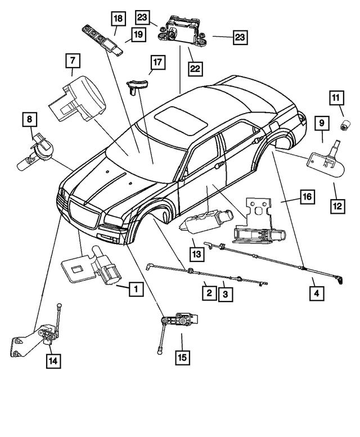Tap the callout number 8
[x=29, y=119]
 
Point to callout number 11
[x=336, y=99]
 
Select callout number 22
[x=195, y=69]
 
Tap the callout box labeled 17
[x=157, y=62]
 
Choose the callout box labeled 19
[x=137, y=35]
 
